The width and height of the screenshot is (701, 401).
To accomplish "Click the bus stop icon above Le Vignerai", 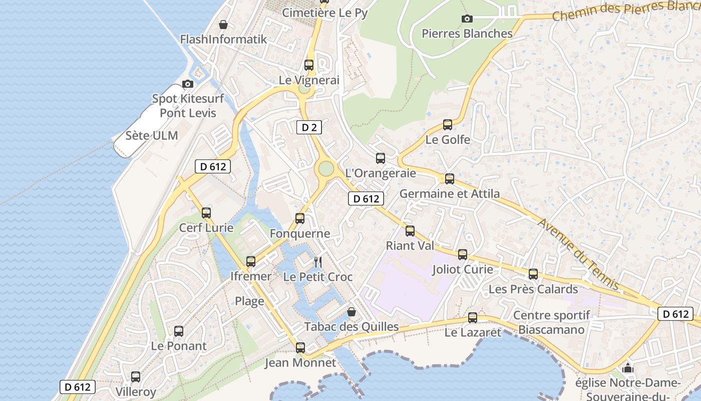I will point(309,65).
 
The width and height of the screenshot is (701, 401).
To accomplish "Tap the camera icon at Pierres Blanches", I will point(467,19).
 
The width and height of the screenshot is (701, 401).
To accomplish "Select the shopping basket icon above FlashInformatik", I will point(223,24).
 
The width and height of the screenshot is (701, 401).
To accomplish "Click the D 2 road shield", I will point(309,127).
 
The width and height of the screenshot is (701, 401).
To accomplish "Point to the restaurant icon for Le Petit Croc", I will point(317,262).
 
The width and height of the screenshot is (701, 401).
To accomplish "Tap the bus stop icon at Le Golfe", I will point(448,125).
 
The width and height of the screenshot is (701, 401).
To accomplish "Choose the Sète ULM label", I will point(151,135).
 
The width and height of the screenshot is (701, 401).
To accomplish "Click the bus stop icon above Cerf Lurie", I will point(206,213).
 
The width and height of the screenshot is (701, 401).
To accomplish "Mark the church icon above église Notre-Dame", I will point(627,369).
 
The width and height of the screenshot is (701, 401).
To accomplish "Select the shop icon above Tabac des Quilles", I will point(352,312).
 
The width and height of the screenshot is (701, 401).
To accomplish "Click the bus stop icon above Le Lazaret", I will point(473,318).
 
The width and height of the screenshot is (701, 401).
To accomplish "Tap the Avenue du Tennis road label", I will point(579,255).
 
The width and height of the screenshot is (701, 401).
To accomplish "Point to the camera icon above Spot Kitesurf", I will point(188,84).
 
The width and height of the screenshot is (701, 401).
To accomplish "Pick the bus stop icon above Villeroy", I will point(136,377).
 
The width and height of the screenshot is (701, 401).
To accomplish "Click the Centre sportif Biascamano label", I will point(551,323).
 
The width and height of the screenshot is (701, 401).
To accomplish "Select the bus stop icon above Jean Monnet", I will point(300,347).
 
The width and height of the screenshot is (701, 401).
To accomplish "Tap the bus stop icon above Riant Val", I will point(410,231).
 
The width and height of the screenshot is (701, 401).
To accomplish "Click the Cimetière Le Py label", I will point(324,13).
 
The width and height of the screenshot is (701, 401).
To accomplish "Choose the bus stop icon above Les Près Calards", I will point(533,274).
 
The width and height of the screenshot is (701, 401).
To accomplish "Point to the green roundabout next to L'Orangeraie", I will point(326,168).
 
